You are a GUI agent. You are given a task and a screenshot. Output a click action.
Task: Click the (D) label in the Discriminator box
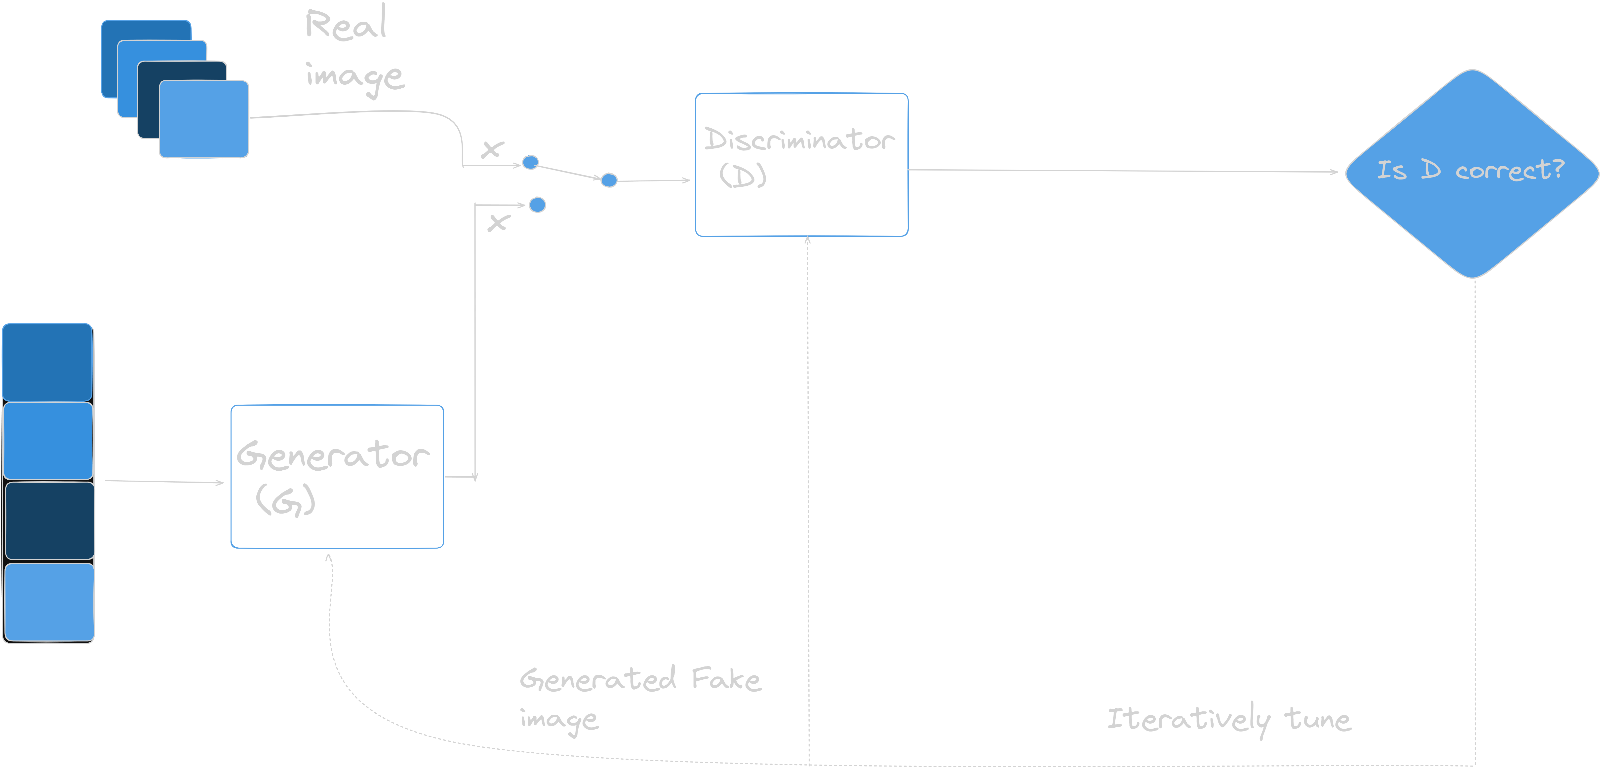[743, 175]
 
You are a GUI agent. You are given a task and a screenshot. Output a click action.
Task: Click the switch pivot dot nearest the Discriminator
[609, 180]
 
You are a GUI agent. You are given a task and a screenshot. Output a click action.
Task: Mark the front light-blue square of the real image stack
[204, 119]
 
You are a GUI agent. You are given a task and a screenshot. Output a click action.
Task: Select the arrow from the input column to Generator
[164, 482]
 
